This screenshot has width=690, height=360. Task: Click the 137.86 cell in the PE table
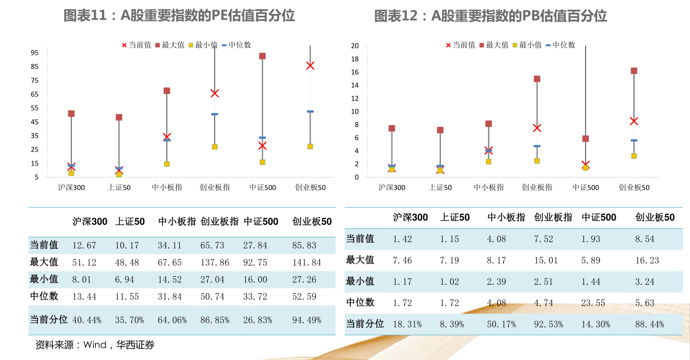(215, 263)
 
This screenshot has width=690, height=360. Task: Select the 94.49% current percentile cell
(307, 320)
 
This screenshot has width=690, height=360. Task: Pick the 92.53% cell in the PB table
(548, 325)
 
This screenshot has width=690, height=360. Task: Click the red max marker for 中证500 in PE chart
(262, 56)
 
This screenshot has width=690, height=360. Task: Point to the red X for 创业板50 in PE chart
(310, 66)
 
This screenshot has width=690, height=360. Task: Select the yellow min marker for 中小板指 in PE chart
(167, 164)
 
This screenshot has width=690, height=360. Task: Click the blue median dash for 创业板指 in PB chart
(537, 146)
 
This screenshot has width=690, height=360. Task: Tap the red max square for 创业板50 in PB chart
(633, 71)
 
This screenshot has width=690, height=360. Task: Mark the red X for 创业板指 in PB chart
(537, 128)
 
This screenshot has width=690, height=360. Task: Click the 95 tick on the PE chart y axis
(34, 53)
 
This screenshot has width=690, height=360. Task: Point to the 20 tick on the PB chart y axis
(355, 46)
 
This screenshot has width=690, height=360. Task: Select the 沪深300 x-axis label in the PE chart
(71, 187)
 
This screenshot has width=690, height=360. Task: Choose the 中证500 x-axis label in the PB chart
(586, 187)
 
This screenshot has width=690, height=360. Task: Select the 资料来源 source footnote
(95, 345)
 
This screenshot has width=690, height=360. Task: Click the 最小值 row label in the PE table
(44, 279)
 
